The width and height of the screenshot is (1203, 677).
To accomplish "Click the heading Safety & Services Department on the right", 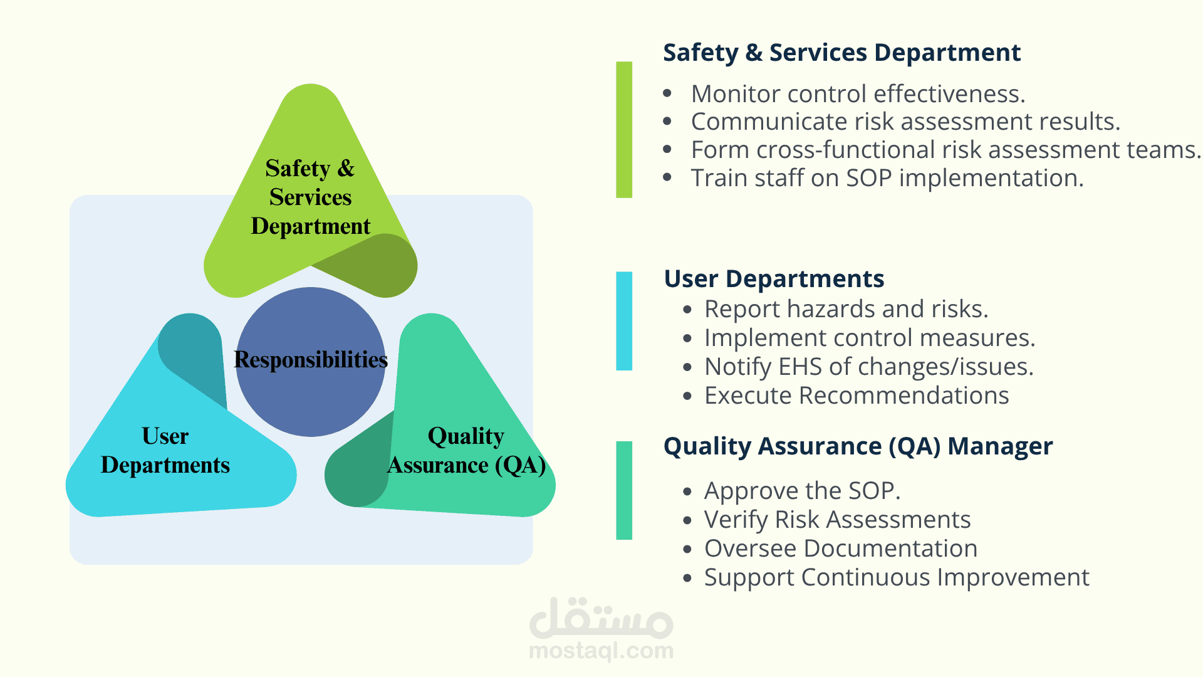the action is tap(841, 53).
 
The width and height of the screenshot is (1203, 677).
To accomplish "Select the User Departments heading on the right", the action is tap(774, 278).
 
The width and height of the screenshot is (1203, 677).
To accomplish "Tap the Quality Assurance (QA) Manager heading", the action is tap(858, 446).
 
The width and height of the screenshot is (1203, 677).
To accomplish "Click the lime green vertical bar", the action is tap(624, 130).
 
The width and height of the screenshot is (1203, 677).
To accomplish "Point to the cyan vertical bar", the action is tap(624, 321).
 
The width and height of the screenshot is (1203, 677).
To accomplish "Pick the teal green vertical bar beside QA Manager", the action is tap(624, 490).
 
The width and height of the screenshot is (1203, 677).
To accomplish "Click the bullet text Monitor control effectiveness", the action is tap(858, 94).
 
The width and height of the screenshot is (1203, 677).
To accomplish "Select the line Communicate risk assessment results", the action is tap(905, 122).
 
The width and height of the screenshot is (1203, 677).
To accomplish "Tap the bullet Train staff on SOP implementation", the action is tap(887, 179).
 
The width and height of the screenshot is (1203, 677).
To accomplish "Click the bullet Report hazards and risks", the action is tap(846, 309).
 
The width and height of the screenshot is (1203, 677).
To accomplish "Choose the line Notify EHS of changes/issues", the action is tap(869, 367).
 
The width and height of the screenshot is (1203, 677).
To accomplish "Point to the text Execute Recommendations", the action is tap(857, 396).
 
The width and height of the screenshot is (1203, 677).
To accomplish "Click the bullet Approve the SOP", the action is tap(802, 491).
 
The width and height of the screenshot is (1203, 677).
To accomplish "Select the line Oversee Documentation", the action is tap(841, 548).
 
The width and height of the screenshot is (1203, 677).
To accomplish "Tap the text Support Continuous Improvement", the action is tap(897, 577).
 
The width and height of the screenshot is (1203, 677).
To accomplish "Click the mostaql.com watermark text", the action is tap(601, 651).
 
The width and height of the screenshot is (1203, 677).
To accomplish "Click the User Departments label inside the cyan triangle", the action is tap(165, 450).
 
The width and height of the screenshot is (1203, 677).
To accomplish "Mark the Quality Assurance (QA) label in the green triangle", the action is tap(467, 450).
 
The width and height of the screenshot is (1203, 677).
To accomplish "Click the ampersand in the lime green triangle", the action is tap(346, 169).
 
